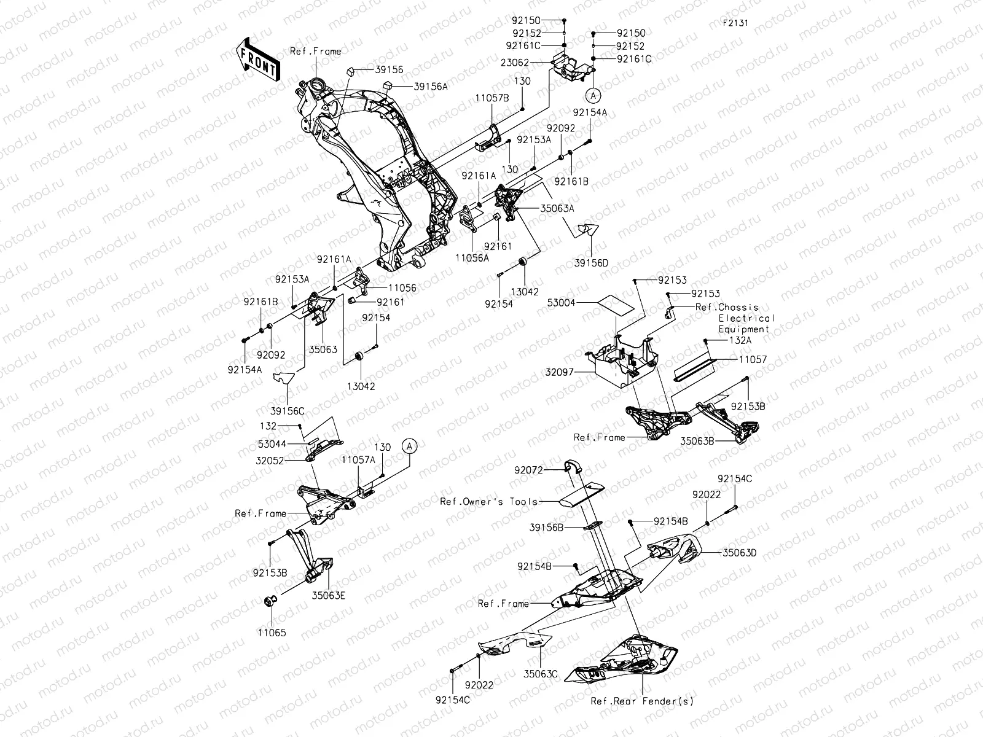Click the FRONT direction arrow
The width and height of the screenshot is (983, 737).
[x=257, y=61]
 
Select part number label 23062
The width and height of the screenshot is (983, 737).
[x=515, y=62]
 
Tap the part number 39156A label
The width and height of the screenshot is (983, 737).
[x=430, y=87]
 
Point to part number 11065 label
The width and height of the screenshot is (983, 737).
[x=272, y=632]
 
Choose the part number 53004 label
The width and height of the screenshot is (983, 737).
[x=562, y=303]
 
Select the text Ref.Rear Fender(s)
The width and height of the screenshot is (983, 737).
[x=643, y=701]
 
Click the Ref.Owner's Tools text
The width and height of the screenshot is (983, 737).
[x=488, y=501]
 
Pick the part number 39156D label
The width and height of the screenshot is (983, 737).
[x=591, y=263]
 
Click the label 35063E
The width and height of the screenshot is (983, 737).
[x=329, y=595]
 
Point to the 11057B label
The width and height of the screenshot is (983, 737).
[x=491, y=98]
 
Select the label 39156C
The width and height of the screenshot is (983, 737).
[x=288, y=410]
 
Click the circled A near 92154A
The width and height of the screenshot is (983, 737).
[x=593, y=95]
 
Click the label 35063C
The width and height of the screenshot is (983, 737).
[x=541, y=674]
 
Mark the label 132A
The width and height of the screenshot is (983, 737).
[x=740, y=340]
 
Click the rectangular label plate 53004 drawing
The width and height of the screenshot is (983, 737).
[x=616, y=304]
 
